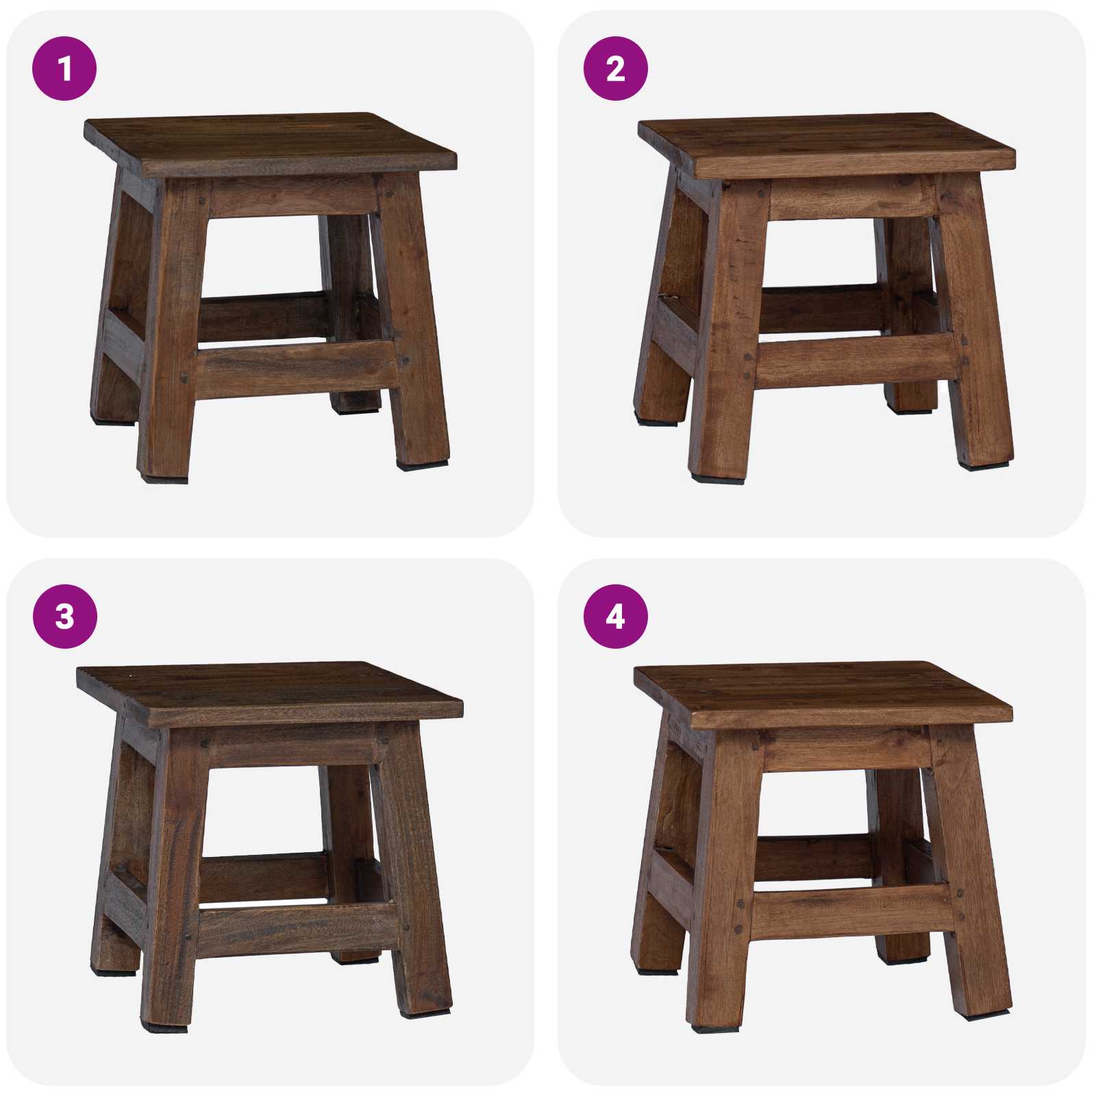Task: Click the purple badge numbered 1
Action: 64,68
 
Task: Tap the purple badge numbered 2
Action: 615,68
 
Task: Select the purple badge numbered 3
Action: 64,616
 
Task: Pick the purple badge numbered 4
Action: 615,616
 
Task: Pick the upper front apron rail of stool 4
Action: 846,748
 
